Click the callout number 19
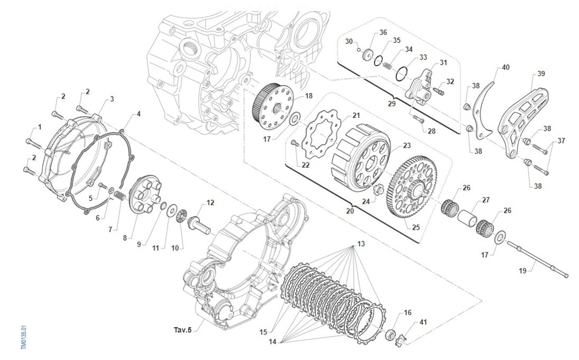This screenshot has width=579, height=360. tap(523, 271)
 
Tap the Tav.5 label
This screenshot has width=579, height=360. tap(183, 331)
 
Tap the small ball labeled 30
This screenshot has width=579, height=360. tap(359, 49)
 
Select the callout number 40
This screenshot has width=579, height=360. tap(505, 67)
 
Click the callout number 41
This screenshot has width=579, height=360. tap(423, 322)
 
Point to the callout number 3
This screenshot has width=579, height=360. tap(112, 99)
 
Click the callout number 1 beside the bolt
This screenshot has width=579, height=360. tap(40, 127)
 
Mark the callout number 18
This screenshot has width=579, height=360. tap(308, 96)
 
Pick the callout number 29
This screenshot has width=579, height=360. tap(391, 104)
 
